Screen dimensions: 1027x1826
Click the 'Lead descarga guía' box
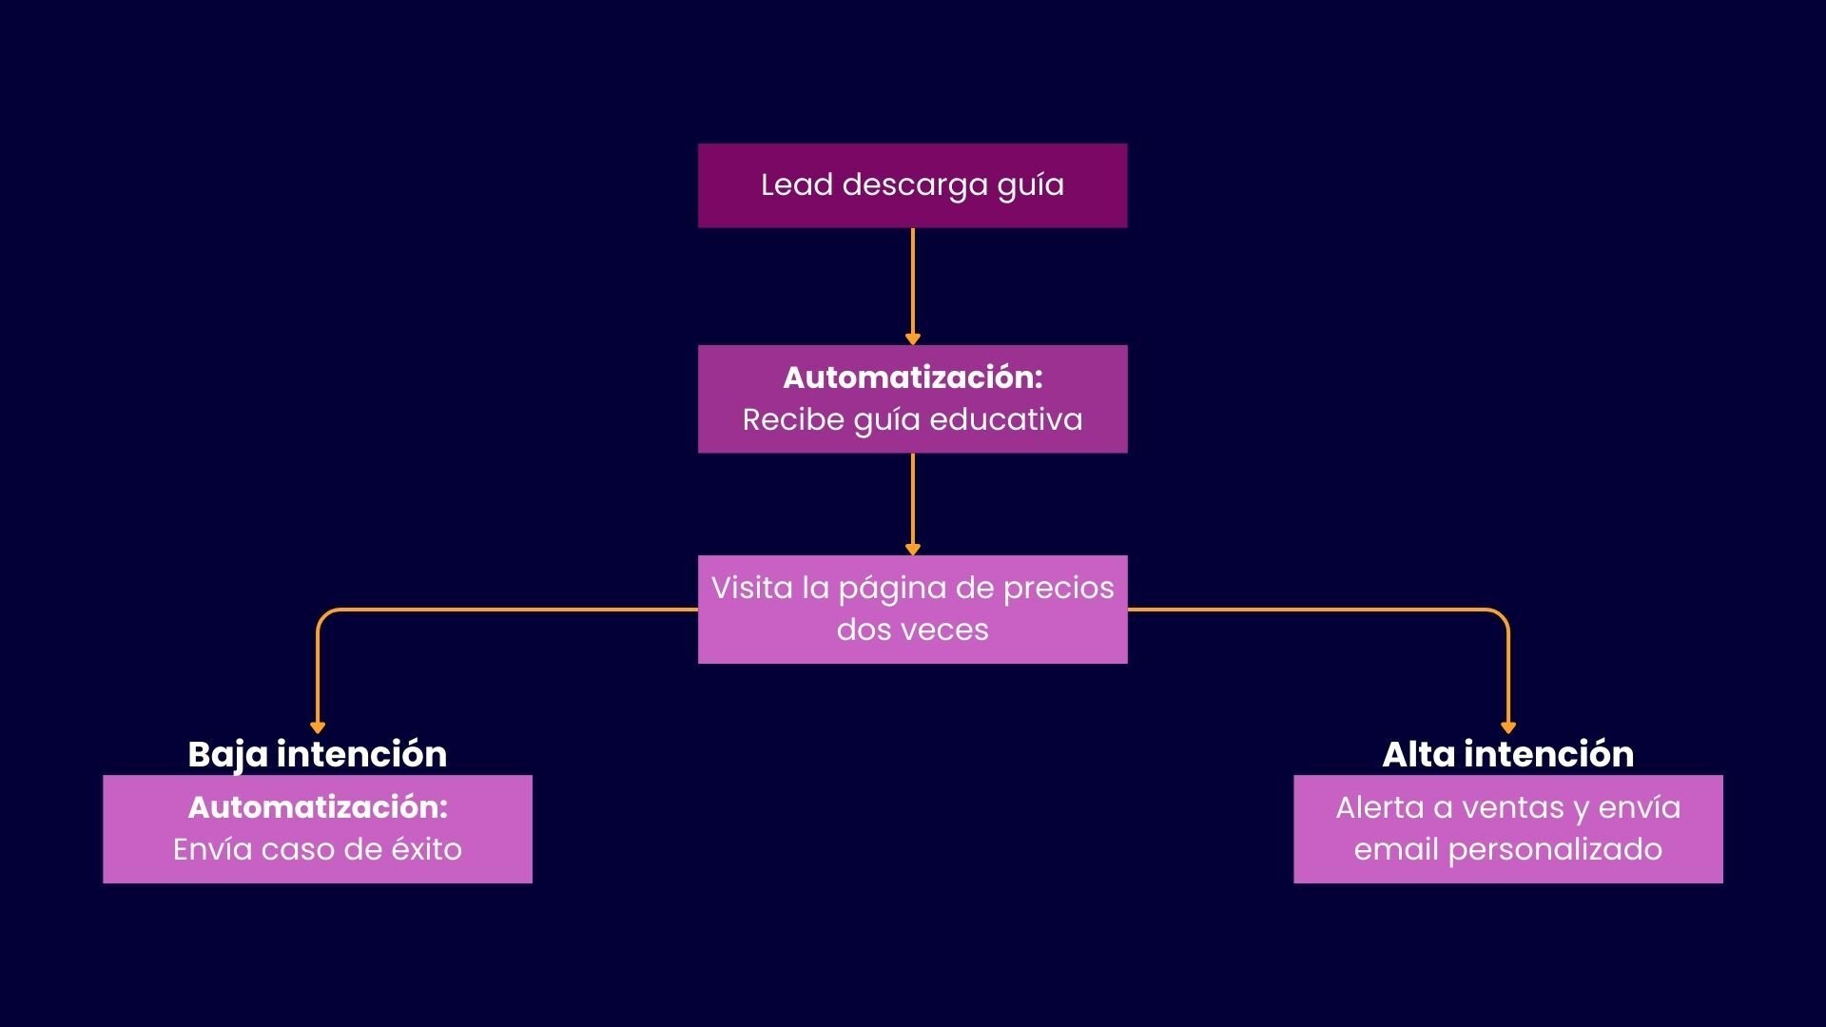(912, 185)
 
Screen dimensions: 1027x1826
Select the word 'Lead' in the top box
(797, 185)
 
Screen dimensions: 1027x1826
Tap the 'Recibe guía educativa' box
(912, 398)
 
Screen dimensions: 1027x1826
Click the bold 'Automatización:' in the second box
(912, 378)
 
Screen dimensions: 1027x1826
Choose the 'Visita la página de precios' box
(912, 609)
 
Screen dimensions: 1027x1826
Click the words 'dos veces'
(912, 630)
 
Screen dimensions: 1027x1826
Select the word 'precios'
(1059, 588)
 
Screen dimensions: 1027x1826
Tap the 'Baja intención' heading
(317, 754)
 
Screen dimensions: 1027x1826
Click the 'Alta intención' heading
(1507, 754)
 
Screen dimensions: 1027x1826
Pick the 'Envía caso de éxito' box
(317, 829)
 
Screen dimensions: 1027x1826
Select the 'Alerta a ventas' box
(1507, 829)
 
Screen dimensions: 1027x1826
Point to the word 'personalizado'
(1555, 850)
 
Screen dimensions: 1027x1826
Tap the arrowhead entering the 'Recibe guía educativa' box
(912, 339)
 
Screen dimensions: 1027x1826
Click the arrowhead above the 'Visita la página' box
(912, 550)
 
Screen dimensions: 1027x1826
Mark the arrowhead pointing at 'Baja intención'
(318, 728)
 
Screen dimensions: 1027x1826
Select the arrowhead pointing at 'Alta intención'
(1507, 728)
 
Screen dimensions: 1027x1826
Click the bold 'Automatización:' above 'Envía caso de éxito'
(317, 807)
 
